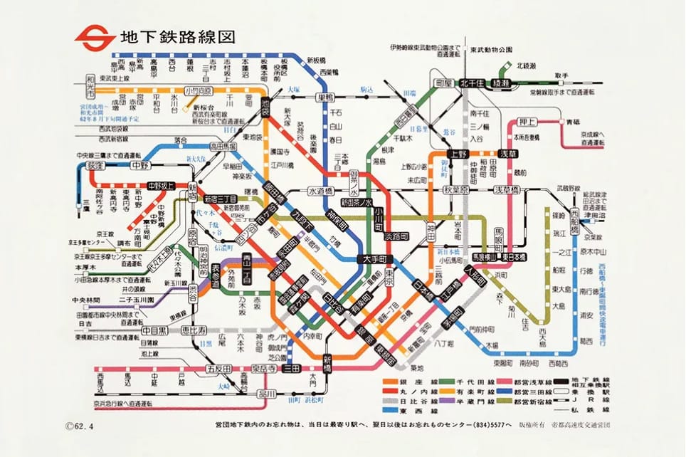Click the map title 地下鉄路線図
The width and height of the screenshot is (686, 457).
(x=168, y=36)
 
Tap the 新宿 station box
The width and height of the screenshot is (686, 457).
(x=192, y=193)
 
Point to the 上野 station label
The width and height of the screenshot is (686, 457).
(x=457, y=153)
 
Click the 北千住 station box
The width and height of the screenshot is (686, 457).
(x=473, y=83)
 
